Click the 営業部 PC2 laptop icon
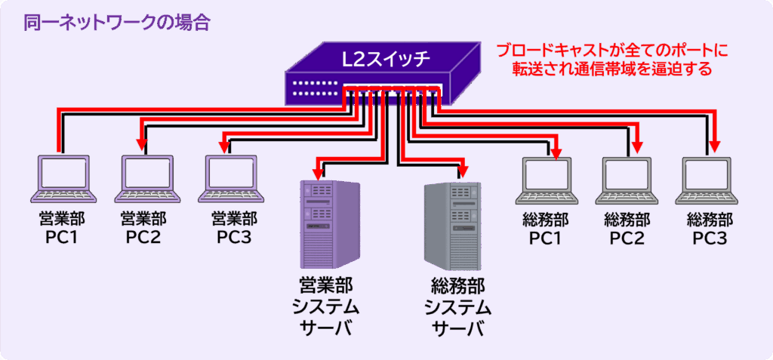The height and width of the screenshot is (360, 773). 145,180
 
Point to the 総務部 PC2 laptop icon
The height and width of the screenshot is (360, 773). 627,180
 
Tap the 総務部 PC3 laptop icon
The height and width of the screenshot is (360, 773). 710,180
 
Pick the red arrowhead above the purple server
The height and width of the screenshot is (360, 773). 318,171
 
